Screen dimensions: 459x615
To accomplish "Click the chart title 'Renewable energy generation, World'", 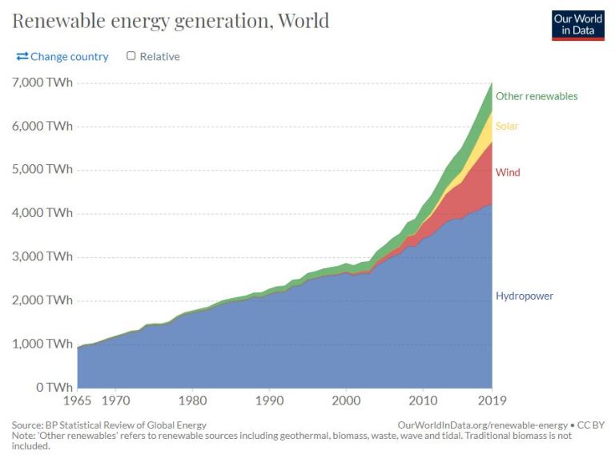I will (x=171, y=20).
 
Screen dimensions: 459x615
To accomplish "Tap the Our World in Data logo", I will (x=577, y=25).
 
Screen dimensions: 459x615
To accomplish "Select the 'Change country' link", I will (x=62, y=57).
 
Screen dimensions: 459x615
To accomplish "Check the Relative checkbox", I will (x=131, y=57).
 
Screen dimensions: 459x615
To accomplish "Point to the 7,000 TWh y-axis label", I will (x=42, y=83).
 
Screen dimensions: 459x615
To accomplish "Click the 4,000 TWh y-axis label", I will (x=42, y=214).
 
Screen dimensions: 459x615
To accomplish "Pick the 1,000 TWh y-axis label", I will (x=42, y=344).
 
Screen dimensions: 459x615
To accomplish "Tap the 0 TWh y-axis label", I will (x=53, y=388).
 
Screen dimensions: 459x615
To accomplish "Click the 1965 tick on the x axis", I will (x=78, y=398).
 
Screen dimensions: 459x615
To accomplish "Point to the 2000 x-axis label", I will (x=345, y=398).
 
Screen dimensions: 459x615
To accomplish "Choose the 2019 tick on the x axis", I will (x=491, y=398).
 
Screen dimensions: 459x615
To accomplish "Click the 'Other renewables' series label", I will (x=536, y=96).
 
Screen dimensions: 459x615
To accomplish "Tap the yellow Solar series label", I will (x=507, y=127).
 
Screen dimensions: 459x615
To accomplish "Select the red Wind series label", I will (x=508, y=172).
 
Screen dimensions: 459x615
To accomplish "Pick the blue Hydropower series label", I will (x=524, y=296).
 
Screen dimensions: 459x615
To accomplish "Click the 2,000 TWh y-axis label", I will (x=42, y=301).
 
